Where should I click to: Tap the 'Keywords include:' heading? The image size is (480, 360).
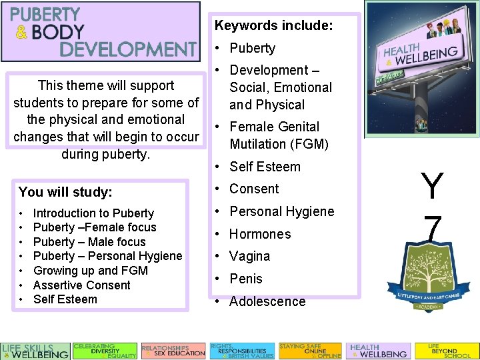pyautogui.click(x=273, y=26)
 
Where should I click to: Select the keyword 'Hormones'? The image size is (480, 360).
pyautogui.click(x=260, y=234)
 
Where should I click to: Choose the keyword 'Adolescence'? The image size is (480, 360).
pyautogui.click(x=267, y=301)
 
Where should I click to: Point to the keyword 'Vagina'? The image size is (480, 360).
pyautogui.click(x=249, y=256)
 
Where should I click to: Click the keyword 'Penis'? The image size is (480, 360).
pyautogui.click(x=246, y=279)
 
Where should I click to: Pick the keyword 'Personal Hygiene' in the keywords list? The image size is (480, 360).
pyautogui.click(x=281, y=211)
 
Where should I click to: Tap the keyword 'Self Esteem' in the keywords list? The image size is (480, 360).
pyautogui.click(x=265, y=167)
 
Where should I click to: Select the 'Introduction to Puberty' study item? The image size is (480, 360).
pyautogui.click(x=93, y=213)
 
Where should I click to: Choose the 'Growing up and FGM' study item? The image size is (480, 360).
pyautogui.click(x=90, y=271)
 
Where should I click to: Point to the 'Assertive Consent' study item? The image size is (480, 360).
pyautogui.click(x=81, y=285)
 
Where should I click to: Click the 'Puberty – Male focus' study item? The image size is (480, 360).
pyautogui.click(x=89, y=242)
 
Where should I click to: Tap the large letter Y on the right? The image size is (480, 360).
pyautogui.click(x=432, y=186)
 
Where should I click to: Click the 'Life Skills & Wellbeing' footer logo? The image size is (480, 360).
pyautogui.click(x=35, y=351)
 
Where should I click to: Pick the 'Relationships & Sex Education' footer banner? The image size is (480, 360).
pyautogui.click(x=173, y=351)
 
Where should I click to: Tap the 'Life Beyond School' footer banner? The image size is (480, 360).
pyautogui.click(x=446, y=351)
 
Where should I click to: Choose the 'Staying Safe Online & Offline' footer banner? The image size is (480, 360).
pyautogui.click(x=310, y=351)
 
